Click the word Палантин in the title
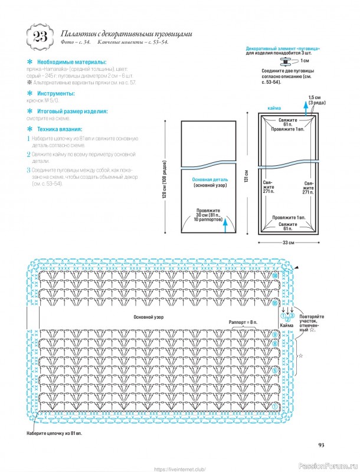[x=79, y=34]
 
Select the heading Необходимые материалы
[x=72, y=62]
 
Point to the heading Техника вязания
[x=60, y=129]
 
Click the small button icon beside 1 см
[x=290, y=60]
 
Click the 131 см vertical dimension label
[x=246, y=175]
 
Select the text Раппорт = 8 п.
[x=243, y=322]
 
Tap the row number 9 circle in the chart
[x=275, y=335]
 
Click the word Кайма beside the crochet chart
[x=287, y=325]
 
